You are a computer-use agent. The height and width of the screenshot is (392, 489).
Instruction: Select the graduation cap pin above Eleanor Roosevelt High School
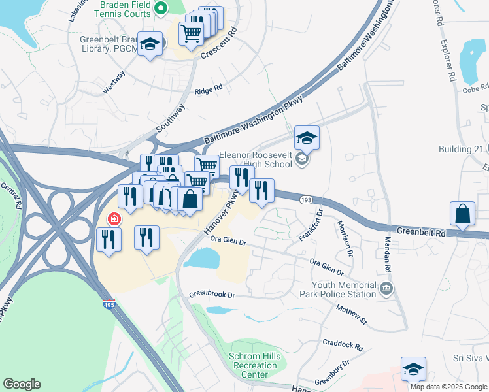click(x=307, y=139)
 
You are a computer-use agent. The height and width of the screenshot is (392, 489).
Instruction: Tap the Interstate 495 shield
click(x=110, y=304)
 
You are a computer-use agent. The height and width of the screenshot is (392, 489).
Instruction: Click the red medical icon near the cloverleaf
click(x=113, y=219)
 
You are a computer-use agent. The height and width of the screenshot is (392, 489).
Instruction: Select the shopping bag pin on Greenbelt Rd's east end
click(x=462, y=214)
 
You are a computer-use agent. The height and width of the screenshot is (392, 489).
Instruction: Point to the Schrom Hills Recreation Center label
click(x=253, y=361)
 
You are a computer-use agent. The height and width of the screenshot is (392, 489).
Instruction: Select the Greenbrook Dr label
click(x=212, y=295)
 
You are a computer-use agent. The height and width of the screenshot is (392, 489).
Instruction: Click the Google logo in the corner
click(x=22, y=384)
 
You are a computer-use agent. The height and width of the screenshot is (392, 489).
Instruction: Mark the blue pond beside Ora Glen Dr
click(x=201, y=258)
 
